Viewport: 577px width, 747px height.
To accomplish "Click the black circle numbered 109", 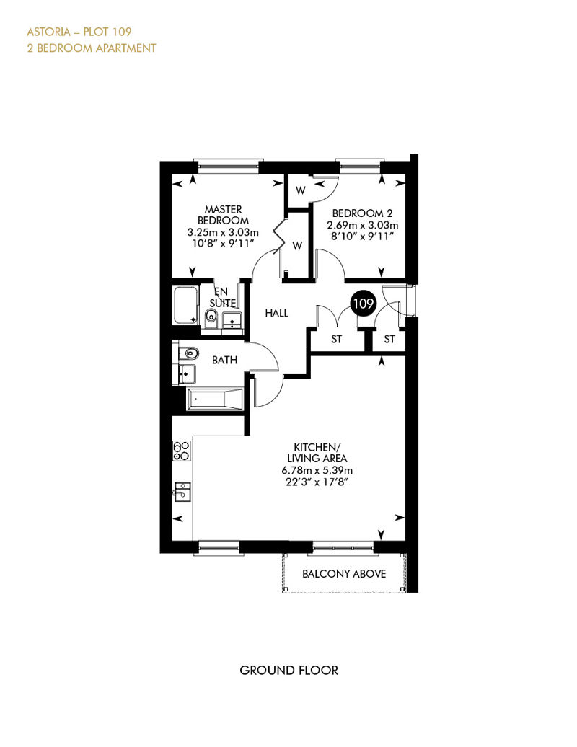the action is coord(363,303).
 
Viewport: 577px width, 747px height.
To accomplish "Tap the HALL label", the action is coord(276,313).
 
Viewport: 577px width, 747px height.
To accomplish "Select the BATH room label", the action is coord(224,360).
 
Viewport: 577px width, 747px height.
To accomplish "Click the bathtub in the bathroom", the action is coord(216,399).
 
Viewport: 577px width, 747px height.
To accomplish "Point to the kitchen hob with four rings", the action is coord(182,451).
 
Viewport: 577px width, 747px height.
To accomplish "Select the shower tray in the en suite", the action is coord(186,305).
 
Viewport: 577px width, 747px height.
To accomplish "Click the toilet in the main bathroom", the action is coord(190,354).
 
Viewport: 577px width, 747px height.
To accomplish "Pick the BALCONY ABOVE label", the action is coord(344,574).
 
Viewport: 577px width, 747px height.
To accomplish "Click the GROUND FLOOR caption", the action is coord(288,671).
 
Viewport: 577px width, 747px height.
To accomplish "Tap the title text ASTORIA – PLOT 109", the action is coord(79,32).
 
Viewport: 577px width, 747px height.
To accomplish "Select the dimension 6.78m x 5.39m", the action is coord(317,470).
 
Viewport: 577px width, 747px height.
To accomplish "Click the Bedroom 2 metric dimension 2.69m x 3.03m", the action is coord(363,225).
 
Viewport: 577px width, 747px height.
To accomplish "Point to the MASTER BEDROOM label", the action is coord(223,215).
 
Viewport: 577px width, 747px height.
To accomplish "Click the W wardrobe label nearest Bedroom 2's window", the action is coord(300,190).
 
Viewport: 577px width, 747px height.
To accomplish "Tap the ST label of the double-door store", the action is coord(336,339).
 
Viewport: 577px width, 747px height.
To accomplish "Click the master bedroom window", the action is coord(228,167).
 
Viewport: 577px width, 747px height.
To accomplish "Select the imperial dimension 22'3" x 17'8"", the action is coord(317,482).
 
